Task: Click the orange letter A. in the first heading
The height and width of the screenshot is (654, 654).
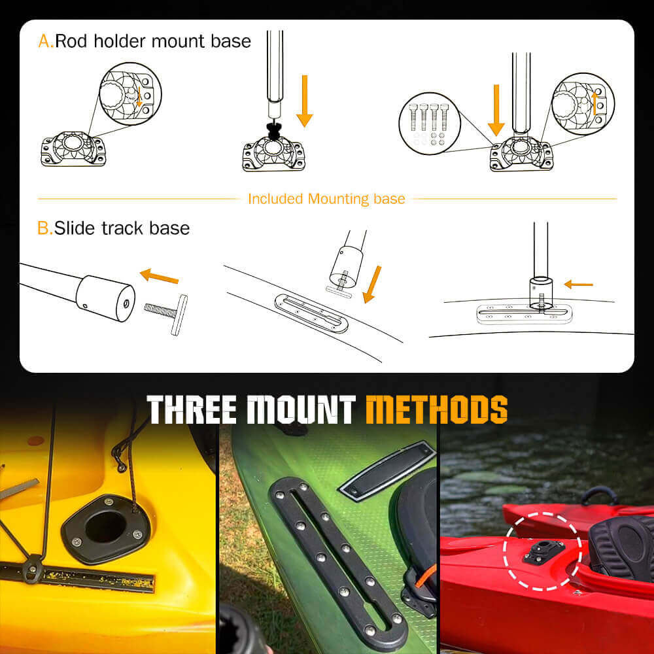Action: tap(46, 41)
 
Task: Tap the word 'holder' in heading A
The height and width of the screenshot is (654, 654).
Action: tap(120, 41)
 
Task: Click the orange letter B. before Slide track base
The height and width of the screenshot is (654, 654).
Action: tap(45, 228)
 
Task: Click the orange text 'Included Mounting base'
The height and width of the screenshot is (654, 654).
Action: tap(326, 199)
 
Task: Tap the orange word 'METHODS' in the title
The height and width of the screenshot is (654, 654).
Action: tap(437, 410)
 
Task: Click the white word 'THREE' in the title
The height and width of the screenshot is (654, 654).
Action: tap(193, 410)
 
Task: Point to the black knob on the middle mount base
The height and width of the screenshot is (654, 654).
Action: tap(273, 131)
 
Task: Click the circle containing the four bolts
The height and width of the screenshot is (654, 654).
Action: tap(430, 124)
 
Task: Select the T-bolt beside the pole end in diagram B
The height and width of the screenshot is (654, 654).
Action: tap(167, 314)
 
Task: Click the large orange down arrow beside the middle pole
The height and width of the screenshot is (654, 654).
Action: tap(305, 101)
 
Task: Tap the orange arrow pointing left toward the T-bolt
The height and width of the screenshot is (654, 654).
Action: tap(159, 276)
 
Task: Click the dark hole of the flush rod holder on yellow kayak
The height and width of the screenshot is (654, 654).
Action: tap(105, 526)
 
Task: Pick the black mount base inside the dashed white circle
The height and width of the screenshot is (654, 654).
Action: tap(543, 551)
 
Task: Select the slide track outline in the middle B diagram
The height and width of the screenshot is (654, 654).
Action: tap(311, 313)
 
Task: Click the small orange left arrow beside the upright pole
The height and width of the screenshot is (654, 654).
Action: tap(578, 284)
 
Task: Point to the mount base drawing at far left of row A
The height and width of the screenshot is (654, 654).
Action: tap(73, 149)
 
